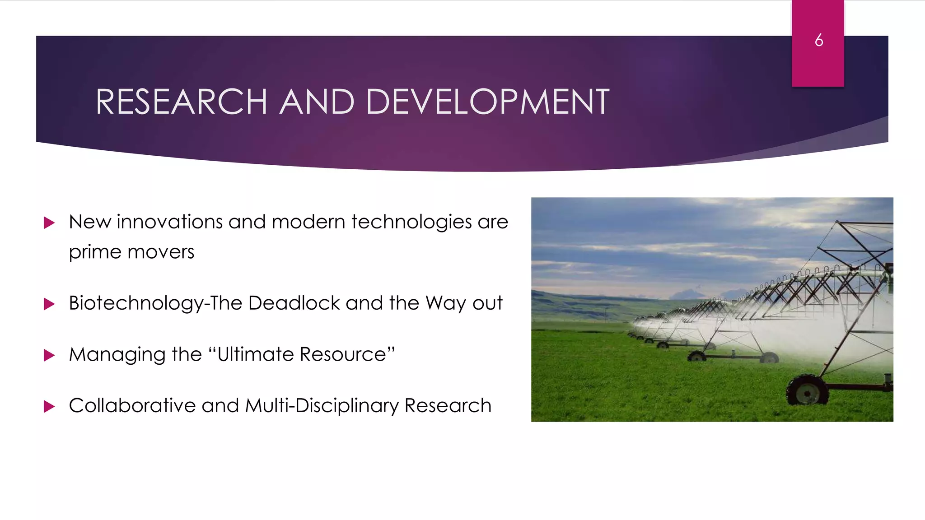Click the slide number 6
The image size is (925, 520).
tap(818, 41)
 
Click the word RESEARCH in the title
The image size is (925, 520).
tap(181, 102)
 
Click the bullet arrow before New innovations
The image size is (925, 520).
tap(49, 223)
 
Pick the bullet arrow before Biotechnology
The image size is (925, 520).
tap(49, 304)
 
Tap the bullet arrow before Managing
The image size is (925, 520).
tap(49, 355)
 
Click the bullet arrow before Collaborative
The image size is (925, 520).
tap(49, 406)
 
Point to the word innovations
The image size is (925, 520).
tap(169, 222)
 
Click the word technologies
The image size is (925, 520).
tap(411, 223)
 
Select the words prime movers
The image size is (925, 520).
tap(131, 252)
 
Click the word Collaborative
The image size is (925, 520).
tap(132, 405)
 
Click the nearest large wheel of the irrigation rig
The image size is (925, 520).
tap(808, 390)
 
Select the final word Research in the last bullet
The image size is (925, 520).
tap(448, 405)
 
